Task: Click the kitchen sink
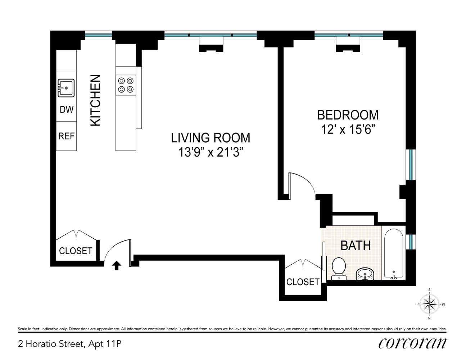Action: click(66, 88)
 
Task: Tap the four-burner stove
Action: click(126, 85)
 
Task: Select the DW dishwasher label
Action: click(67, 110)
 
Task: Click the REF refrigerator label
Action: click(67, 136)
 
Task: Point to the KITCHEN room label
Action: click(95, 100)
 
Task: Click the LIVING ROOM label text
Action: click(211, 138)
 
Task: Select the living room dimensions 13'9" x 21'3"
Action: click(211, 152)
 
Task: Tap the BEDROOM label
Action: click(348, 115)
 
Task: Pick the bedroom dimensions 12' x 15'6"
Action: click(348, 129)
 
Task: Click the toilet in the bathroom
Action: click(339, 269)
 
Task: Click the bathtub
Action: click(394, 254)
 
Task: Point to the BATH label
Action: click(356, 246)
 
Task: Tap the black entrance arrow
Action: click(117, 265)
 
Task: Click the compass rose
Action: click(429, 304)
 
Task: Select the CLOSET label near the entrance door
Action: click(76, 251)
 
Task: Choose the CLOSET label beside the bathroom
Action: click(303, 282)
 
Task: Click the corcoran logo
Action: click(412, 344)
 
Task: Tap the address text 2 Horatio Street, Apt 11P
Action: click(70, 344)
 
